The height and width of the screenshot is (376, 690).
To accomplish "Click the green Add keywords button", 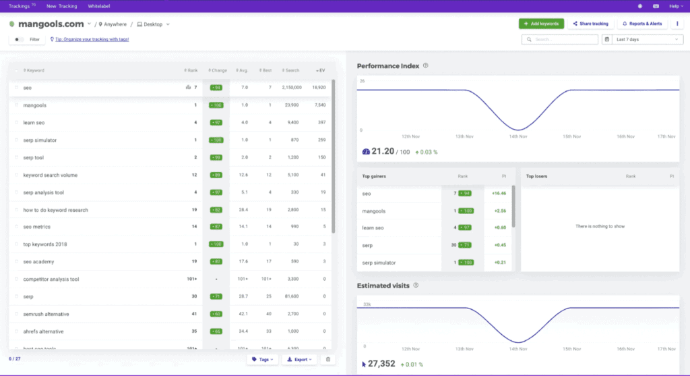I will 541,24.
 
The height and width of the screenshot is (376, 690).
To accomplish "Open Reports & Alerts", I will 642,24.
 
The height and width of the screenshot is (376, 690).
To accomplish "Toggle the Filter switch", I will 19,40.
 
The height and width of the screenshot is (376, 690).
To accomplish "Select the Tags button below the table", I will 262,359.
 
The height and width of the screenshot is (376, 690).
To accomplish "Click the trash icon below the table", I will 328,359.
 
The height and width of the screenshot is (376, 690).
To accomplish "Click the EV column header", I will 320,70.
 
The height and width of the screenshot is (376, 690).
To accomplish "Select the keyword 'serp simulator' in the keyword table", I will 40,140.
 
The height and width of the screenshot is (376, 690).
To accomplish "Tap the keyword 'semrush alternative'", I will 46,314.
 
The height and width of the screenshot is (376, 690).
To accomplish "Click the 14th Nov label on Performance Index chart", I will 518,136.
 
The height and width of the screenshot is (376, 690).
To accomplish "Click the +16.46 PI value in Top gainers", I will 499,193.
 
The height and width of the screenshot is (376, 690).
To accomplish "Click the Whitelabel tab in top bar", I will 100,6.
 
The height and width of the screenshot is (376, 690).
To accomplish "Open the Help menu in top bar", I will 675,6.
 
